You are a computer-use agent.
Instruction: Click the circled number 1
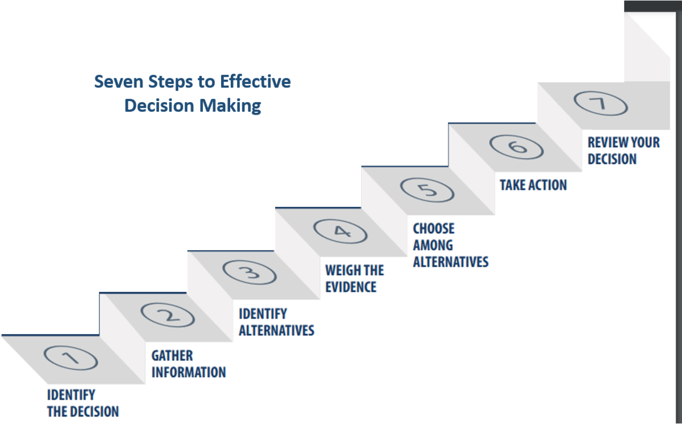tap(70, 359)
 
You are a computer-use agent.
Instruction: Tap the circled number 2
tap(168, 315)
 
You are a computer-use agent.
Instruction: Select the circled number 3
tap(249, 272)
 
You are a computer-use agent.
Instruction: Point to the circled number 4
tap(340, 231)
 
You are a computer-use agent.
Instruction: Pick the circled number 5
tap(427, 189)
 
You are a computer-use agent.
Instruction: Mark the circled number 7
tap(600, 104)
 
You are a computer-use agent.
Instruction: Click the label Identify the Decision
tap(82, 403)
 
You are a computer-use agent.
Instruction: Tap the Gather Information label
tap(188, 364)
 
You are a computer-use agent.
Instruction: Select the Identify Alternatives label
tap(276, 322)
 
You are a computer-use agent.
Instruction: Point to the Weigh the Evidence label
tap(354, 278)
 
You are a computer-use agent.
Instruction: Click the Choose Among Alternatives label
tap(450, 245)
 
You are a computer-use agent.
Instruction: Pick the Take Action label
tap(533, 185)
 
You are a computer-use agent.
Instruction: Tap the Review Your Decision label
tap(623, 150)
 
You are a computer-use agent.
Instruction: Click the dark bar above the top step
tap(652, 6)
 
